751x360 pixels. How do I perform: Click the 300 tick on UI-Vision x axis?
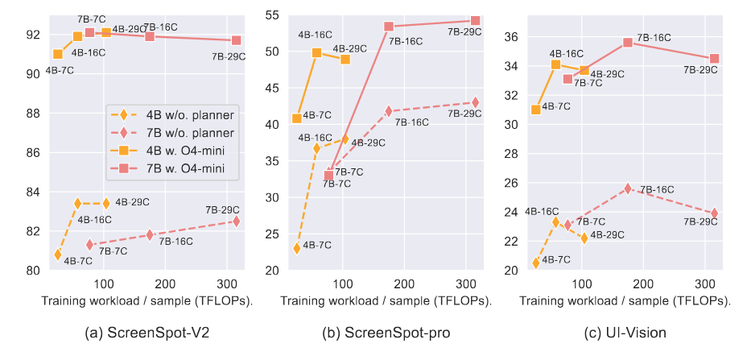coord(704,286)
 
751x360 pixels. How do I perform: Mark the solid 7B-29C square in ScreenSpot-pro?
coord(475,21)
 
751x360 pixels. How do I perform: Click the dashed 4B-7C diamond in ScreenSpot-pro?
coord(297,248)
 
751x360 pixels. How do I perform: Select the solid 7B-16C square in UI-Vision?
coord(628,42)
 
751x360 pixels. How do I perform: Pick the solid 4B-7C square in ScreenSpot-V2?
coord(57,54)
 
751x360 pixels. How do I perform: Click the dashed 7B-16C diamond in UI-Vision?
coord(628,188)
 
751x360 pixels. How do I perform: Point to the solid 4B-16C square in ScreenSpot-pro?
coord(316,52)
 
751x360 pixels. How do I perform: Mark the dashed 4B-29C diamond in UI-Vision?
coord(584,238)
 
